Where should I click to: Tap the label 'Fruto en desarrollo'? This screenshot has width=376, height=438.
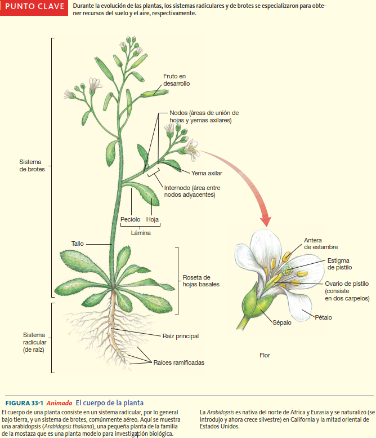pyautogui.click(x=176, y=79)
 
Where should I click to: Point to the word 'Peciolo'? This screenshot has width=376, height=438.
pyautogui.click(x=130, y=219)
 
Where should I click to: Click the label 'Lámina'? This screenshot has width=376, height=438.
pyautogui.click(x=141, y=232)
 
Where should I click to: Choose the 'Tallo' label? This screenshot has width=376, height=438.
pyautogui.click(x=77, y=244)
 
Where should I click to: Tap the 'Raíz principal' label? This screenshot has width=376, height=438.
pyautogui.click(x=180, y=336)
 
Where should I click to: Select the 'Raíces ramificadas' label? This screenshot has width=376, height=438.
pyautogui.click(x=178, y=362)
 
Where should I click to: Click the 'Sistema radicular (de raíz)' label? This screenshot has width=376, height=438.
pyautogui.click(x=34, y=342)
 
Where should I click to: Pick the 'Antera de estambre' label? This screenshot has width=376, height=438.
pyautogui.click(x=320, y=244)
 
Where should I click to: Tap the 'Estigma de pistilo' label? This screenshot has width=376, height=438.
pyautogui.click(x=339, y=263)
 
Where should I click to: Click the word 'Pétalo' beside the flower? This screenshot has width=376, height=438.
pyautogui.click(x=323, y=317)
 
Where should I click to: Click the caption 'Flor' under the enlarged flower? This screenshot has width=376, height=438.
pyautogui.click(x=264, y=355)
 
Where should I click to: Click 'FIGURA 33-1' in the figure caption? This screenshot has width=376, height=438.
pyautogui.click(x=24, y=403)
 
